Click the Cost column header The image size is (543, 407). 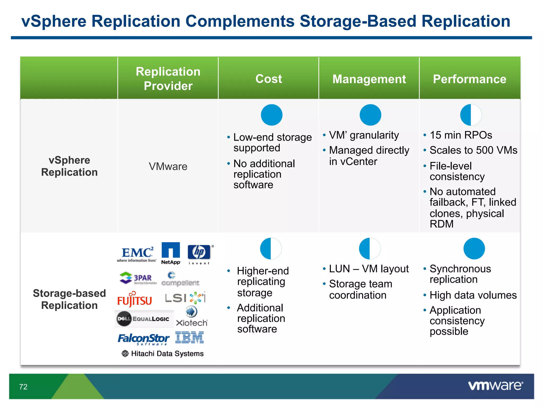coord(269,79)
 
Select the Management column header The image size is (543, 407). coord(369,79)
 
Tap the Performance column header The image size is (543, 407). coord(470,79)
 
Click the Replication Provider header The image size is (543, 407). coord(168,78)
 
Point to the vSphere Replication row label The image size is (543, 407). coord(69,166)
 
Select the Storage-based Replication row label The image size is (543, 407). coord(69,299)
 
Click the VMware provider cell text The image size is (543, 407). coord(168,166)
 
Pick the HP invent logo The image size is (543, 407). coord(199,254)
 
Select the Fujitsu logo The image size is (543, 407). coord(135,299)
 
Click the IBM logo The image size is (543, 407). coord(190,337)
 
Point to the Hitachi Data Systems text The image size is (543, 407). coord(167,353)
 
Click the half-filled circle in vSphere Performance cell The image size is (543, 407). coord(471,115)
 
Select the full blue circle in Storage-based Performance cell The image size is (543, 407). coord(474,249)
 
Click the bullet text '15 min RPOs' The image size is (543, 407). coord(461,135)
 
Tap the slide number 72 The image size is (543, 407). coord(23,387)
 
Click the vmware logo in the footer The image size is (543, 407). coord(495,386)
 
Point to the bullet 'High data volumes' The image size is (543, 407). coord(473,295)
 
